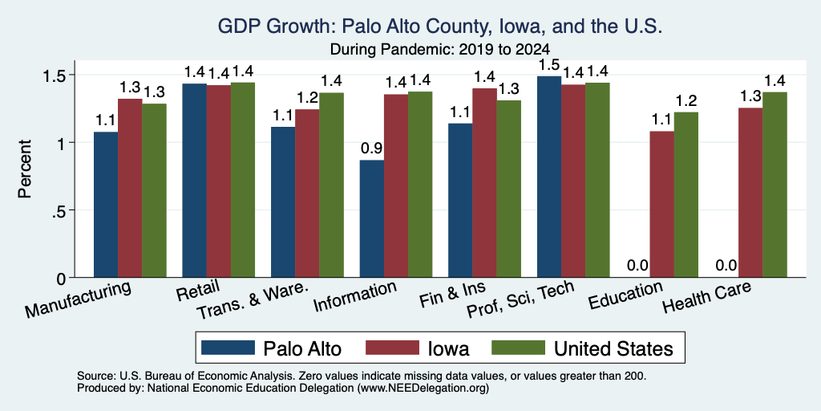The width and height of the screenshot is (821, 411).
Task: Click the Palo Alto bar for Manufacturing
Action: pos(106,205)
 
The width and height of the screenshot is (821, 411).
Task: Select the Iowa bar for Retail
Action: pos(218,181)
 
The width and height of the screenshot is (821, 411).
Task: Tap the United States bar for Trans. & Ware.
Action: pos(331,185)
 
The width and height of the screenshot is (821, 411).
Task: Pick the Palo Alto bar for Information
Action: pos(372,218)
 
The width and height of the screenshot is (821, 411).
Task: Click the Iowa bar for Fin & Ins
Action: pos(484,183)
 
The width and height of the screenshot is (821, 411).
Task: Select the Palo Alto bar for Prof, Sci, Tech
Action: pos(549,177)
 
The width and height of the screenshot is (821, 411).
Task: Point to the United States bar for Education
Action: pos(686,194)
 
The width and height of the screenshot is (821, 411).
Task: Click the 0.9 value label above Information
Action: pos(371,149)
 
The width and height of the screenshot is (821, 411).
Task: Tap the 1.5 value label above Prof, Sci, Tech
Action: pos(549,65)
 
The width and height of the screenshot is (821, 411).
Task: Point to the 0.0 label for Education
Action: pos(637,266)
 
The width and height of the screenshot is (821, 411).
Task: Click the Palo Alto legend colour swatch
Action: pos(228,348)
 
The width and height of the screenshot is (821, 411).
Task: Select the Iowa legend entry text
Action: pos(448,348)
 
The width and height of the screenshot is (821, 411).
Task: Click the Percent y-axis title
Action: pos(25,169)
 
